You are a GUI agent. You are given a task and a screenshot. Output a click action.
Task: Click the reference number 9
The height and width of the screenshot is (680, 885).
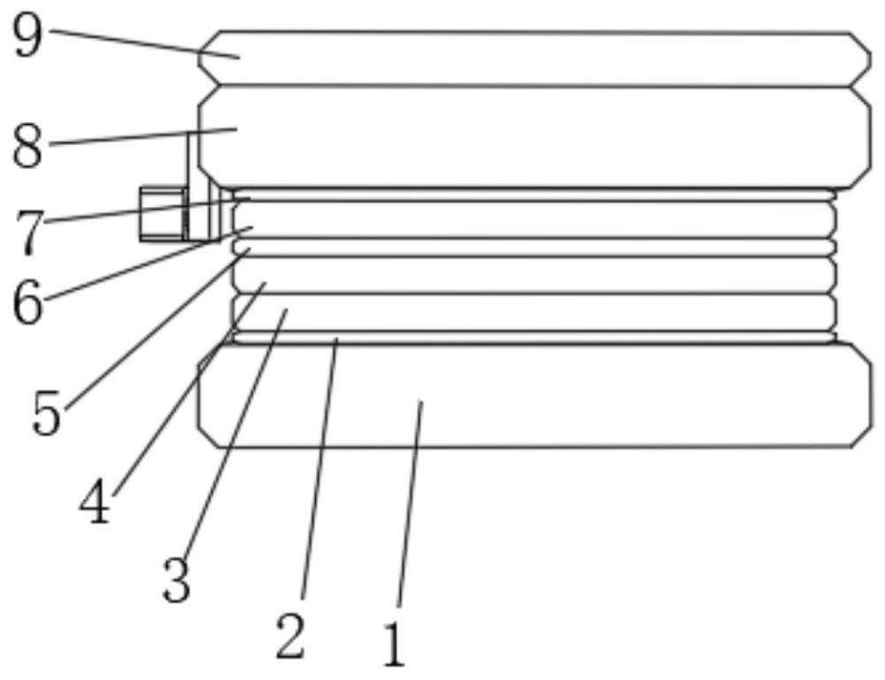27,35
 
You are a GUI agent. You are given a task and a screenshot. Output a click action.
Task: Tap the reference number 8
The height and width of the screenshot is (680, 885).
27,146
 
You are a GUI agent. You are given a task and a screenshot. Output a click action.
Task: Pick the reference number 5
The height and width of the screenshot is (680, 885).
46,413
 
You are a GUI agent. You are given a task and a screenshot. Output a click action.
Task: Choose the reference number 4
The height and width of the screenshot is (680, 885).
95,503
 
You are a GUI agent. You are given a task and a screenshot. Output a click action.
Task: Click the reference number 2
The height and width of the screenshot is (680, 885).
290,638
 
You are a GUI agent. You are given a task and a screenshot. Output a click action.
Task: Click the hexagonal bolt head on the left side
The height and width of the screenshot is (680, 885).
163,214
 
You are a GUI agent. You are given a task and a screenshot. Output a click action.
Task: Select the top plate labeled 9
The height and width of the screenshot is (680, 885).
534,58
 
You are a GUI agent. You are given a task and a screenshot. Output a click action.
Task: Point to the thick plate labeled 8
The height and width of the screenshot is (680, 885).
534,136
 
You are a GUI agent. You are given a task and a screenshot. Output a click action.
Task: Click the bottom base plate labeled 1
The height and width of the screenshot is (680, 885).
534,396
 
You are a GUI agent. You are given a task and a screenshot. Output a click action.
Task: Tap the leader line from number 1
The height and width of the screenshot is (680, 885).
410,503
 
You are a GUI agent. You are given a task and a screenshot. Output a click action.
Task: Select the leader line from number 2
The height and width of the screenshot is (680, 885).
320,468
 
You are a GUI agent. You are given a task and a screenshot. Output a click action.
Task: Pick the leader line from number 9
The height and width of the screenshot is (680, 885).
145,43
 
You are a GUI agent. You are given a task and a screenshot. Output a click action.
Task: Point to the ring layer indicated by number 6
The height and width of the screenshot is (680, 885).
534,220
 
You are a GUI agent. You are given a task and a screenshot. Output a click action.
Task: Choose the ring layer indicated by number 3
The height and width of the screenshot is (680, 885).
534,312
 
